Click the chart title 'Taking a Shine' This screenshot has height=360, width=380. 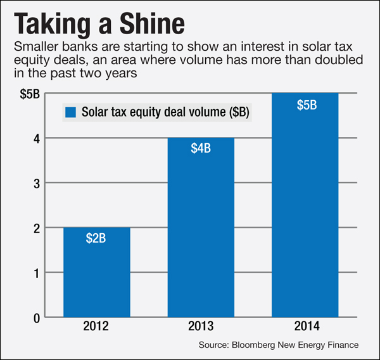coord(99,24)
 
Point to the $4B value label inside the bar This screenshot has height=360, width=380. coord(201,150)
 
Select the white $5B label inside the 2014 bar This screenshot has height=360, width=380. coord(305,104)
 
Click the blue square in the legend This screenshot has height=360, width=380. coord(70,113)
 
